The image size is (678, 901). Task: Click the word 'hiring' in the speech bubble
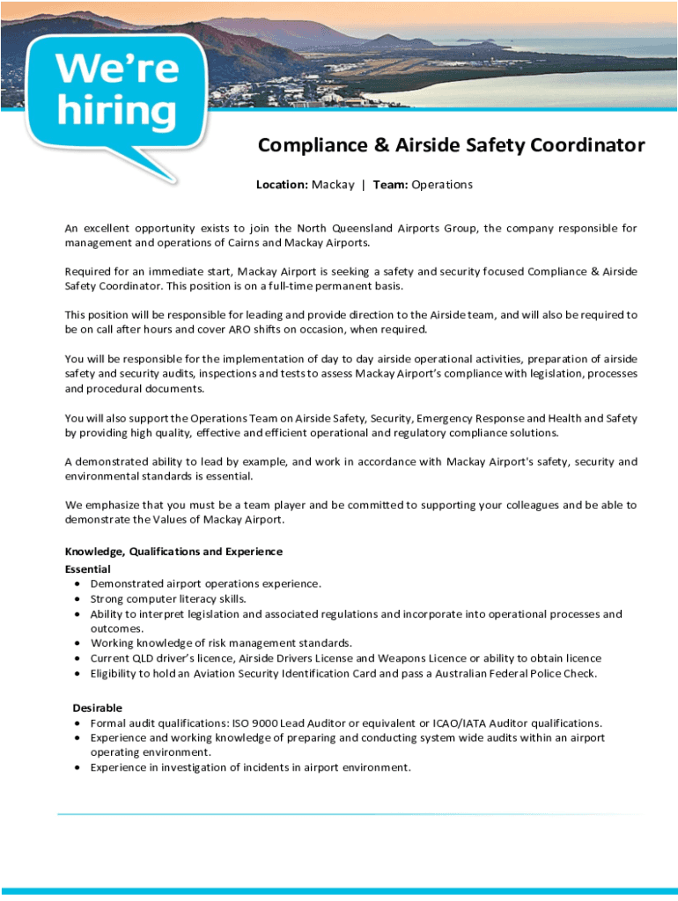pyautogui.click(x=116, y=110)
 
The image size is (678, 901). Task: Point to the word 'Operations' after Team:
pyautogui.click(x=442, y=185)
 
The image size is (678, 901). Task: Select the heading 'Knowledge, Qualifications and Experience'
pyautogui.click(x=173, y=552)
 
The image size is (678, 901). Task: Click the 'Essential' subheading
pyautogui.click(x=87, y=569)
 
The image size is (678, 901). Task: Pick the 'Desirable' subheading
pyautogui.click(x=97, y=708)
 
